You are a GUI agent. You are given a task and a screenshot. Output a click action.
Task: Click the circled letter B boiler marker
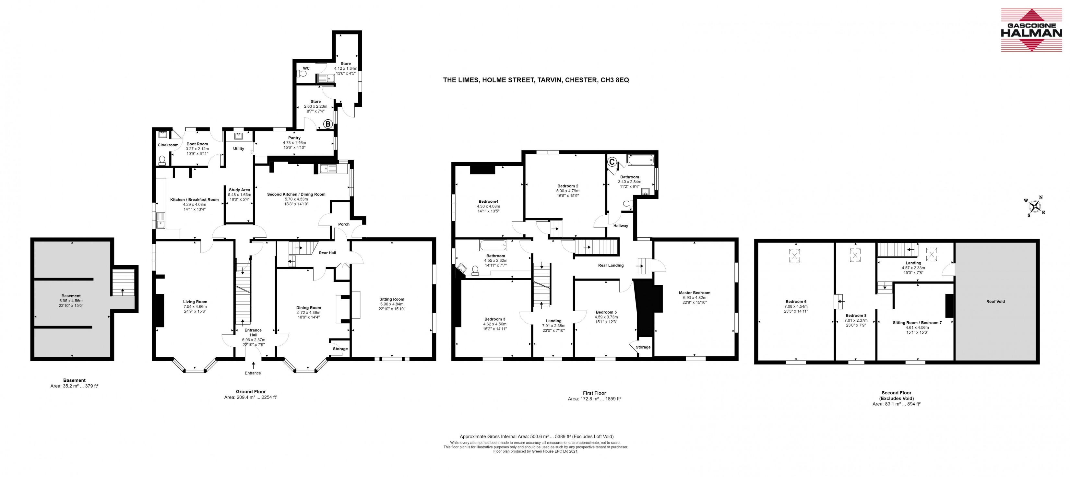327,124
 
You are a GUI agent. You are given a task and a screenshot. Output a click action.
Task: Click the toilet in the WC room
302,74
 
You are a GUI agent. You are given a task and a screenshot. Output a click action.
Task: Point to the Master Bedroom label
695,292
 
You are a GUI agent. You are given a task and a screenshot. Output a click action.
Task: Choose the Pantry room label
294,138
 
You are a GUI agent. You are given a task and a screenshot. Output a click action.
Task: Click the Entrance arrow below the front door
253,365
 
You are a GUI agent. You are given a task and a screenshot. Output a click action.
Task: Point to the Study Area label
239,190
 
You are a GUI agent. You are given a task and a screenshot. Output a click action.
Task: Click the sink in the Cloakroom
162,135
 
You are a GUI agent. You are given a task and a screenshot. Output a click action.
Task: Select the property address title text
536,80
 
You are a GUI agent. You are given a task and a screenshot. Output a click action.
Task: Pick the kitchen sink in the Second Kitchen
328,169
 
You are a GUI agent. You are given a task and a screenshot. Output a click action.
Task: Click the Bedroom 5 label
606,312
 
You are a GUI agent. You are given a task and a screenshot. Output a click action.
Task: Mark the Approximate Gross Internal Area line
536,437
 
